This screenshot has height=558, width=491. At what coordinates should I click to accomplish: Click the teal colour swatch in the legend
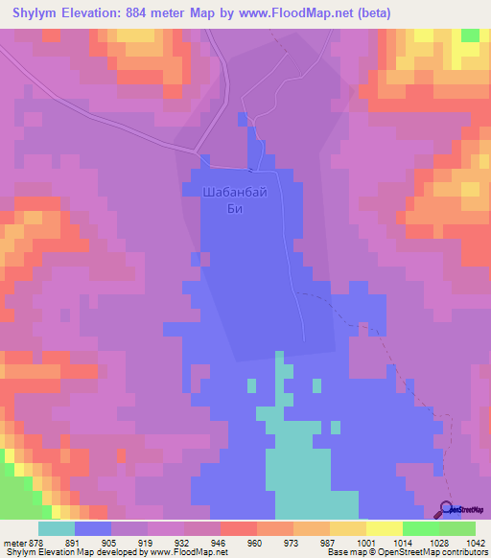tap(57, 528)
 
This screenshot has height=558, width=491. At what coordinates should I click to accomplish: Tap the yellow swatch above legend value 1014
tap(385, 528)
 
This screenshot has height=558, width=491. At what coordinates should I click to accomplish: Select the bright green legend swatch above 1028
tap(421, 528)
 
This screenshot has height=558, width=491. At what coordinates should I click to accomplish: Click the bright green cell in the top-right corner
tap(470, 35)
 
